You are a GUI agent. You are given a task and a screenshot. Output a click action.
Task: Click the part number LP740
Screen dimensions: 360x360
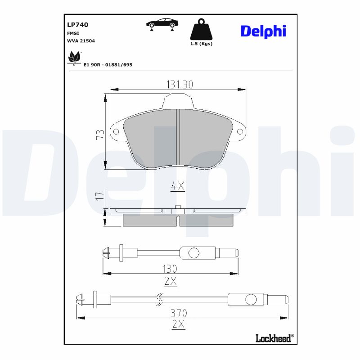[x=77, y=25]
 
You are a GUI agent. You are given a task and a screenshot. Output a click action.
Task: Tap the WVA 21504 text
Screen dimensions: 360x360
[x=81, y=40]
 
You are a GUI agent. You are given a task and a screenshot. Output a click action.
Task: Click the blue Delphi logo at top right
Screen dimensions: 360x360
[x=263, y=31]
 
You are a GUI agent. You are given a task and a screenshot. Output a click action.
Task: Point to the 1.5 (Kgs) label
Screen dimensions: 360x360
[x=201, y=44]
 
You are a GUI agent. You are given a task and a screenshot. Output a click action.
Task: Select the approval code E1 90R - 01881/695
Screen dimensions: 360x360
[x=108, y=65]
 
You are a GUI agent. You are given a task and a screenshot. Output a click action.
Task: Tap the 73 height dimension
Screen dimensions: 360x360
[x=100, y=134]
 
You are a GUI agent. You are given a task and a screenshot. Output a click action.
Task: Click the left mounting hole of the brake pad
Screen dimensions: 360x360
[x=116, y=132]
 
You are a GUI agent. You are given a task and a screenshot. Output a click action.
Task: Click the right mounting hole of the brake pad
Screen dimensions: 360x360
[x=240, y=132]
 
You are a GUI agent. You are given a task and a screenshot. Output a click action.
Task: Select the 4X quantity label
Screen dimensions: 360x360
[x=178, y=186]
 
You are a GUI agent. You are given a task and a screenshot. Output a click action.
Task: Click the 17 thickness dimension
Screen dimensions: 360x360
[x=100, y=196]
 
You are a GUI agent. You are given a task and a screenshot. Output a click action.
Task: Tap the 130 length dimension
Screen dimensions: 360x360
[x=170, y=269]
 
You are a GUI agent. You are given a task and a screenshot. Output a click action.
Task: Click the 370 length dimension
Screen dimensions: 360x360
[x=179, y=313]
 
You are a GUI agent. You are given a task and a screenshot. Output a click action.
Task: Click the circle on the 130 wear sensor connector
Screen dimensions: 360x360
[x=193, y=253]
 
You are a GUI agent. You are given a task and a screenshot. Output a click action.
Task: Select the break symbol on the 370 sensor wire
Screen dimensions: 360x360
[x=159, y=299]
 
